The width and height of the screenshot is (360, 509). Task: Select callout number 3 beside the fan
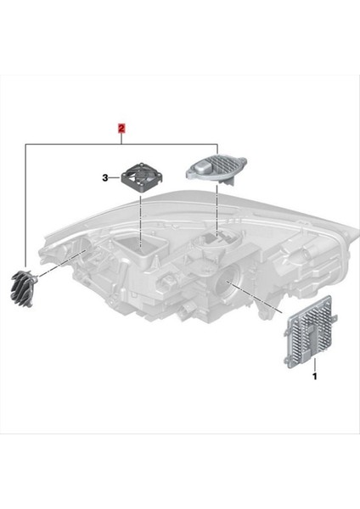point(104,178)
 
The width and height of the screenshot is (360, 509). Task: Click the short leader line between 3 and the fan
point(114,178)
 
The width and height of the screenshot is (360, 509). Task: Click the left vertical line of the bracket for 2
point(25,204)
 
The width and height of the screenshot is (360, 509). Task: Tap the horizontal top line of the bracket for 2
point(122,144)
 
